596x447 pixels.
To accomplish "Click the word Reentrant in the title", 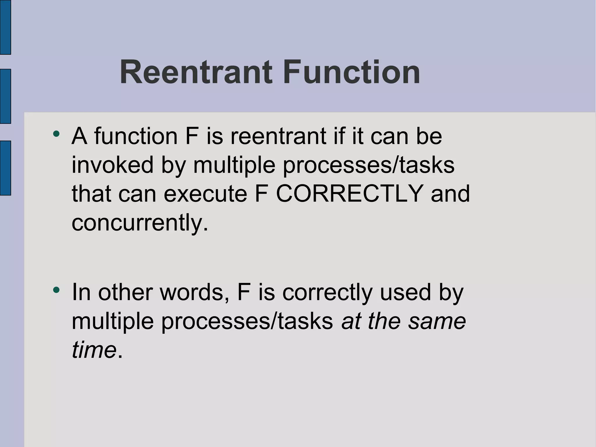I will (196, 72).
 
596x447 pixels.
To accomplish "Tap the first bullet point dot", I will (56, 134).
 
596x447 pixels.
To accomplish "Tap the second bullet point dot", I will (56, 290).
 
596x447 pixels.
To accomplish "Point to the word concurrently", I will (140, 222).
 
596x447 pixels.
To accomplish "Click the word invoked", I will (112, 165).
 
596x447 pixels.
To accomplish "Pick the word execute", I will (205, 194).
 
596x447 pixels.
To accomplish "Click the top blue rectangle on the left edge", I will (5, 27).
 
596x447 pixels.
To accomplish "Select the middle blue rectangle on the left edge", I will (5, 96).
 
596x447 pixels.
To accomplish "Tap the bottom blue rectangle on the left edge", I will (5, 168).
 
